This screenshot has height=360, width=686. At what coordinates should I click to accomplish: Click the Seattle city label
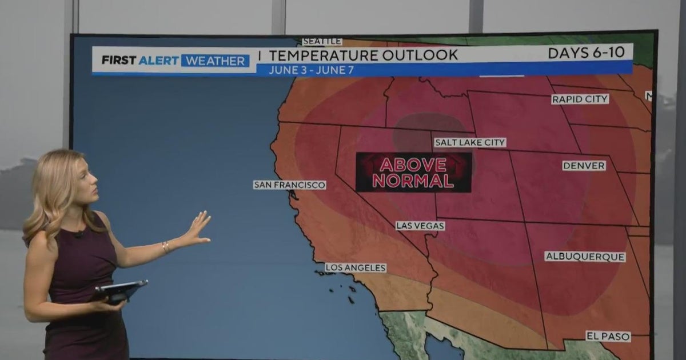pos(322,41)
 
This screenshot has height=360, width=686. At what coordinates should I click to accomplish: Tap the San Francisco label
pos(290,185)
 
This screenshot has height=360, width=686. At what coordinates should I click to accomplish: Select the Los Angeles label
pos(356,267)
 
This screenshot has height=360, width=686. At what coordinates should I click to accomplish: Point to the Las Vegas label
pos(420,226)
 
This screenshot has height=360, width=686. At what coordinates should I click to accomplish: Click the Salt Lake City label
pos(470,142)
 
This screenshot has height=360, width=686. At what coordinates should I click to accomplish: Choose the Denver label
pos(584,166)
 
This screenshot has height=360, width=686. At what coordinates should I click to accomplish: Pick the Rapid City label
pos(580,99)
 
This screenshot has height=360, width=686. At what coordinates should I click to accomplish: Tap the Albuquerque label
pos(585,257)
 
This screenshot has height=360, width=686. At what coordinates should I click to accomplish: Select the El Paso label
pos(608,337)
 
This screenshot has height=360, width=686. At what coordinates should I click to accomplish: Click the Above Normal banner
pos(413,172)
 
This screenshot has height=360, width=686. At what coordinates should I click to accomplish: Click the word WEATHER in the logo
pos(215,61)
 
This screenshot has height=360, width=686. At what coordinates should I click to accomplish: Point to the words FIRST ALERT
pos(139,60)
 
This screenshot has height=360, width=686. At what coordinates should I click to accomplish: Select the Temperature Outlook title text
pos(364,55)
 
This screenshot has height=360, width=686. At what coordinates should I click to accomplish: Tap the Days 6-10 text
pos(589,53)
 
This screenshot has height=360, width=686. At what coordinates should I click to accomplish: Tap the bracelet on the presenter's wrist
pos(166,247)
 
